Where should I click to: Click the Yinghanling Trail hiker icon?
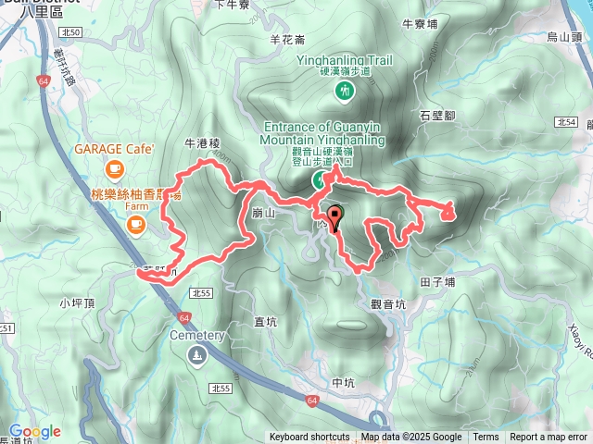point(345,91)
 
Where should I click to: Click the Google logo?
point(36,431)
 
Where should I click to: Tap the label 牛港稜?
point(202,143)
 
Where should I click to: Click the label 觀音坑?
point(388,303)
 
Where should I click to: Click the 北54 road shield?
point(567,122)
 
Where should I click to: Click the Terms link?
point(486,438)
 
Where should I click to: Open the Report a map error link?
point(549,438)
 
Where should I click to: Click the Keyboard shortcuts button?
point(309,438)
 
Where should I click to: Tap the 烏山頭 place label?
point(564,37)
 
